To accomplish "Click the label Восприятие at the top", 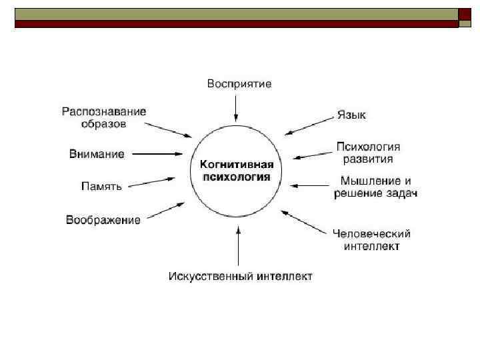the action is [239, 84].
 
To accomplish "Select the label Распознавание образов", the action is [104, 117].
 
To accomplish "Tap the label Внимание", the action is [97, 154].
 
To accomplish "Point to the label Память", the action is [101, 187].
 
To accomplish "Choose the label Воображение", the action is [103, 220].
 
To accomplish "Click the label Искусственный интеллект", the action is [240, 276].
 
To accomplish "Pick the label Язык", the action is [351, 115].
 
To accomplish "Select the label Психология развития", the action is [368, 153].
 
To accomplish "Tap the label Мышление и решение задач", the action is [376, 187].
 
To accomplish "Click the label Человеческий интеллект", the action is [371, 240].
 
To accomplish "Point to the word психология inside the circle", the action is [237, 177].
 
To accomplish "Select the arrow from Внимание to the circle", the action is [156, 154].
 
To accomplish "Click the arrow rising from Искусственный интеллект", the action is [239, 247].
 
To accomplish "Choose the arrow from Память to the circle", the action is [152, 182].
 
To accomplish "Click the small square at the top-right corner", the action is [465, 15].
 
